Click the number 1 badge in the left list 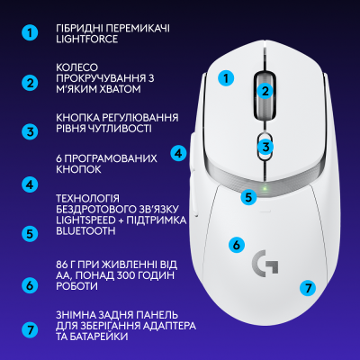(x=31, y=33)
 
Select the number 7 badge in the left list (x=31, y=329)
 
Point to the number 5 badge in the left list (x=31, y=232)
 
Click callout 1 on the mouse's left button (x=227, y=78)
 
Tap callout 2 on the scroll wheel (x=265, y=90)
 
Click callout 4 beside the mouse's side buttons (x=179, y=153)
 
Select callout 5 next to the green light (x=249, y=195)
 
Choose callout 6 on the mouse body (x=236, y=244)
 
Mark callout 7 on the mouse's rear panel (x=308, y=288)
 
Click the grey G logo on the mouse (x=265, y=262)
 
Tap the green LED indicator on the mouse (x=265, y=188)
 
